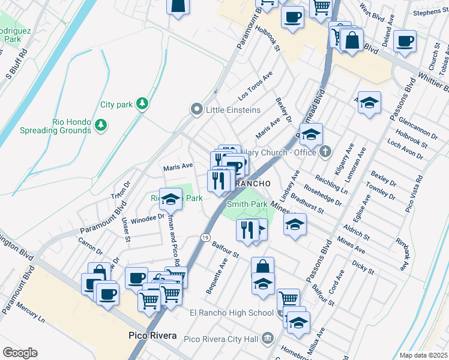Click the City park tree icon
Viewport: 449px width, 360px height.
point(142,104)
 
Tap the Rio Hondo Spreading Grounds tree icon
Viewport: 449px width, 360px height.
point(101,125)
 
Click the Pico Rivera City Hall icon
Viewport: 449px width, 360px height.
point(267,340)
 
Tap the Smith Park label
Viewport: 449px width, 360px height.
point(247,204)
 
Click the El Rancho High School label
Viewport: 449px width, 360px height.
point(232,313)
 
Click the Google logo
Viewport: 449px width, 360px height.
point(20,352)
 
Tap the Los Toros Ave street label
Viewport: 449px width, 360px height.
point(255,85)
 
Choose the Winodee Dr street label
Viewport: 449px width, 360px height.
point(143,218)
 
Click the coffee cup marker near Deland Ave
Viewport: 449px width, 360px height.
point(405,41)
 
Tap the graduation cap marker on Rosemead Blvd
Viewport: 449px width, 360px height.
point(311,136)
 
